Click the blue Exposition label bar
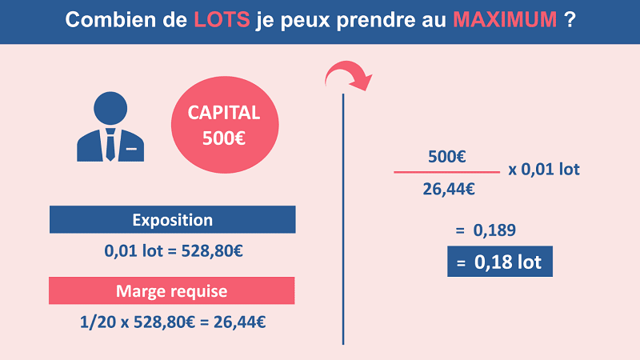(x=173, y=220)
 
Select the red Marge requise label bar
(x=173, y=290)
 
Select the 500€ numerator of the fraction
(x=447, y=158)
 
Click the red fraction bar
(x=446, y=172)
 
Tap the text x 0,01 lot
(x=543, y=170)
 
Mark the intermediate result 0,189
(x=495, y=230)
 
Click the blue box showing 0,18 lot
(x=499, y=261)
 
